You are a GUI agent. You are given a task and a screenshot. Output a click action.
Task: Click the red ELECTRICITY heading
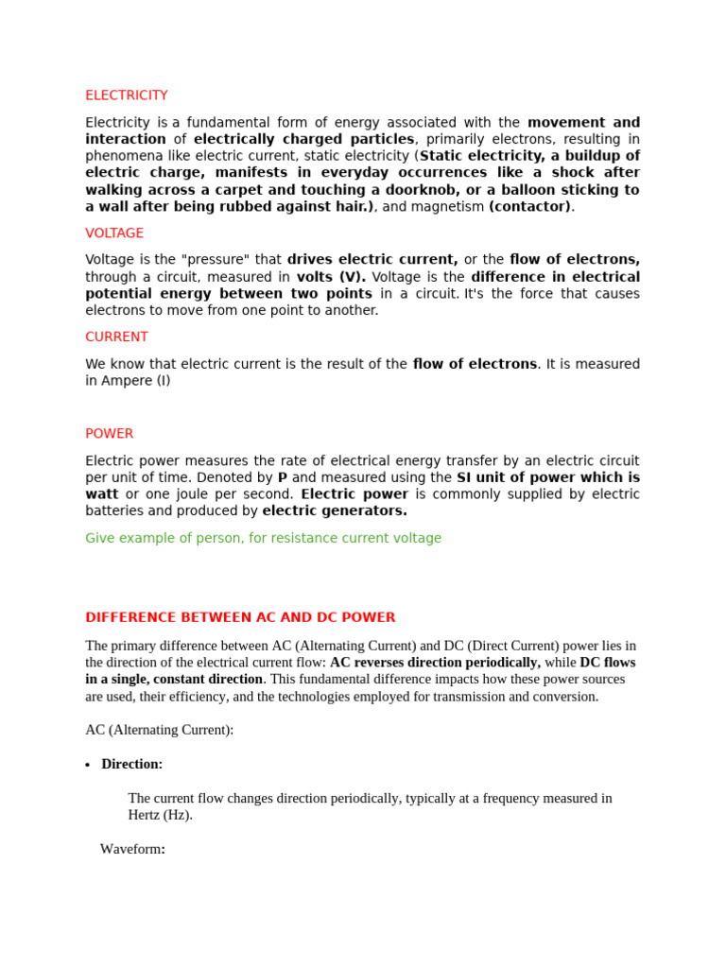pyautogui.click(x=127, y=95)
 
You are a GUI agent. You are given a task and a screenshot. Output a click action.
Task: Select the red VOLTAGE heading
pyautogui.click(x=114, y=233)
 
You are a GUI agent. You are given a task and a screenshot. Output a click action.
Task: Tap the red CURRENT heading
pyautogui.click(x=116, y=337)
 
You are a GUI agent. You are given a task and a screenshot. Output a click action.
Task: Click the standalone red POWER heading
pyautogui.click(x=110, y=434)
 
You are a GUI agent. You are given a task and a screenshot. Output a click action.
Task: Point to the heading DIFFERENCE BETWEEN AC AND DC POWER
pyautogui.click(x=240, y=617)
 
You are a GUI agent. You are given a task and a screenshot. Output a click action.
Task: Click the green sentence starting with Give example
pyautogui.click(x=263, y=538)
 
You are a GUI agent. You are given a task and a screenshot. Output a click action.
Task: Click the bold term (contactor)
pyautogui.click(x=529, y=207)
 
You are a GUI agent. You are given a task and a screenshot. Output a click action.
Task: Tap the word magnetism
pyautogui.click(x=446, y=207)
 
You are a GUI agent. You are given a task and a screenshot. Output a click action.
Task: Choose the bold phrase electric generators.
pyautogui.click(x=335, y=511)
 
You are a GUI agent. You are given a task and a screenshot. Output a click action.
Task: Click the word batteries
pyautogui.click(x=116, y=511)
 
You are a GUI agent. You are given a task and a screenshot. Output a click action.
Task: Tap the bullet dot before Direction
pyautogui.click(x=88, y=765)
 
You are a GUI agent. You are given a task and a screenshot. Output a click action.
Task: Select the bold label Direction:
pyautogui.click(x=132, y=764)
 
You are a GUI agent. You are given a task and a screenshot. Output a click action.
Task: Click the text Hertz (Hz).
pyautogui.click(x=160, y=815)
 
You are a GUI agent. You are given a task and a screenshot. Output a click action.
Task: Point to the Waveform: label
pyautogui.click(x=132, y=849)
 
